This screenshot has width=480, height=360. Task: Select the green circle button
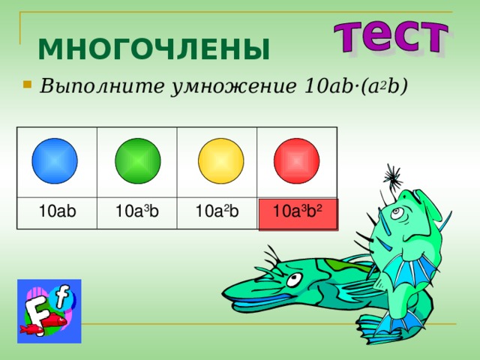(x=137, y=160)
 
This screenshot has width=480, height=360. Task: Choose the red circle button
(x=297, y=160)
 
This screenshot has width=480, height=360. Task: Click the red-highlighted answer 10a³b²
(x=298, y=213)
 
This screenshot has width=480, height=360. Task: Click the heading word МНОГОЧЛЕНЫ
(x=153, y=50)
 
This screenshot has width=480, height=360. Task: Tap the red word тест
(x=391, y=35)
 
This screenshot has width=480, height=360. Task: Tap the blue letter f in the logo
(x=61, y=298)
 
